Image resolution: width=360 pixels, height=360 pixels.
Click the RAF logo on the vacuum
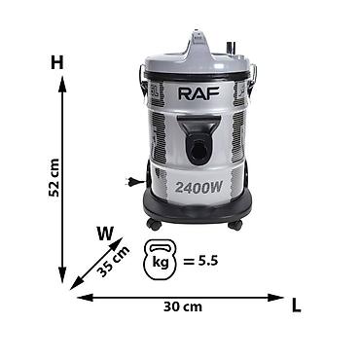click(198, 93)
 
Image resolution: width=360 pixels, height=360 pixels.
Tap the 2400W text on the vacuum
click(198, 187)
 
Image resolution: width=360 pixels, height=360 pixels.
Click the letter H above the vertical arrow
click(57, 62)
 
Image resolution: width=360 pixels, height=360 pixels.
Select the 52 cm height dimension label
click(54, 178)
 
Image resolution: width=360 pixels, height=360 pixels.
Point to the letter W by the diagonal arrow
click(105, 234)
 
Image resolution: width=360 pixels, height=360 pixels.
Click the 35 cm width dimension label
click(114, 262)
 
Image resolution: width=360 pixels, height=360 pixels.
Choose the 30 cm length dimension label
click(183, 306)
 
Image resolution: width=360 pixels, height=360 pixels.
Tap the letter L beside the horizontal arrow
click(296, 306)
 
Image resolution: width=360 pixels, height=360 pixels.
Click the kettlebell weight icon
click(161, 260)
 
